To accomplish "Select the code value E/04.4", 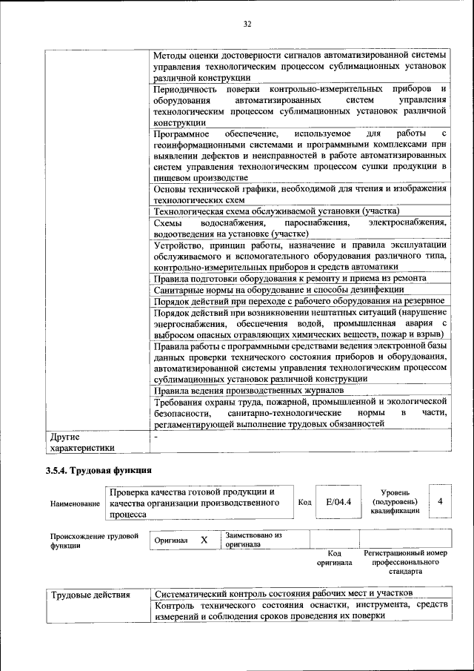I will (x=338, y=503).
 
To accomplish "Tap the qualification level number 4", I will (x=440, y=502).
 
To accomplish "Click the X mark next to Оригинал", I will (x=204, y=541).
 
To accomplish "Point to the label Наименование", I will (x=75, y=503).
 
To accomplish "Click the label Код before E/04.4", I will (x=304, y=502).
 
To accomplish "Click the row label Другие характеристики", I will (x=81, y=442).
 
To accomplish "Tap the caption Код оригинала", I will (x=334, y=558).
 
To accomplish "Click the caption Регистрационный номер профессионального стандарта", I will (x=405, y=563).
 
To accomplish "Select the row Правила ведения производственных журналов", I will (x=248, y=390).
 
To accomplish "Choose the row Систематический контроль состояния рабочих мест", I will (x=282, y=594).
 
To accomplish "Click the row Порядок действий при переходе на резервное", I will (x=298, y=300).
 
